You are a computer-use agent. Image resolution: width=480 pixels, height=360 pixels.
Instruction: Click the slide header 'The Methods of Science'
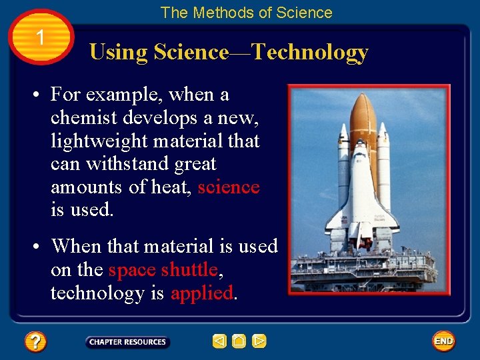[x=246, y=13]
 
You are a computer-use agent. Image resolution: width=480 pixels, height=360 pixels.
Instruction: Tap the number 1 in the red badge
[x=41, y=38]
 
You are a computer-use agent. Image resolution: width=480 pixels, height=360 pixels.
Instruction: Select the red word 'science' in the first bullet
[x=228, y=187]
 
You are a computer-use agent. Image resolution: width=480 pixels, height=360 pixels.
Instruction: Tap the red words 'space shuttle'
[x=163, y=269]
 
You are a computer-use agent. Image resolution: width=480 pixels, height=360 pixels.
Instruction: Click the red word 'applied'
[x=202, y=293]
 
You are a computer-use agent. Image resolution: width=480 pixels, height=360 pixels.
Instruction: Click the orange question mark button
[x=35, y=342]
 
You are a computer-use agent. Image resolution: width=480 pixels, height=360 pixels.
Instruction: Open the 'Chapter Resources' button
[x=127, y=342]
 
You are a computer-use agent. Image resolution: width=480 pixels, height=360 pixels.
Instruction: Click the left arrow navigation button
[x=219, y=342]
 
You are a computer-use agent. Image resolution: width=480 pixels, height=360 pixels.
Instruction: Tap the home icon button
[x=239, y=342]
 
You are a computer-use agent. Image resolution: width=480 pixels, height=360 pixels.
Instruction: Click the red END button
[x=443, y=341]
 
